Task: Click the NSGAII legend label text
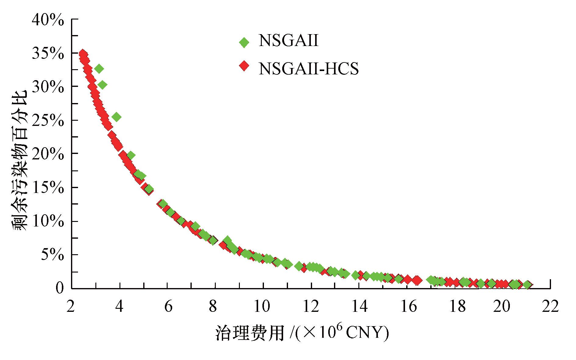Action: click(x=288, y=41)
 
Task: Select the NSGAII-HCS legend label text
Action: click(x=309, y=69)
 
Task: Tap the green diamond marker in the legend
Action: click(x=244, y=42)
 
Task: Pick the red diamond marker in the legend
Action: click(x=244, y=66)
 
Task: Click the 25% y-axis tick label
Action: click(x=48, y=121)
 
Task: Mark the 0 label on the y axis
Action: click(x=60, y=288)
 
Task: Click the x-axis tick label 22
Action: click(x=550, y=306)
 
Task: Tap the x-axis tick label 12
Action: click(x=311, y=306)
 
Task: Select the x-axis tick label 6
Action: click(x=168, y=306)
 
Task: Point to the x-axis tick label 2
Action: click(x=71, y=306)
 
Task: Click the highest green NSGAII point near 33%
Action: click(x=98, y=69)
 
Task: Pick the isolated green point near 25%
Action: click(x=116, y=117)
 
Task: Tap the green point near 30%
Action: click(x=102, y=85)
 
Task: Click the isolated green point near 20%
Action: click(x=131, y=155)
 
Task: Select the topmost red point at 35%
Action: click(x=82, y=54)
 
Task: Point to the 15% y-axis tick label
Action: click(x=48, y=188)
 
